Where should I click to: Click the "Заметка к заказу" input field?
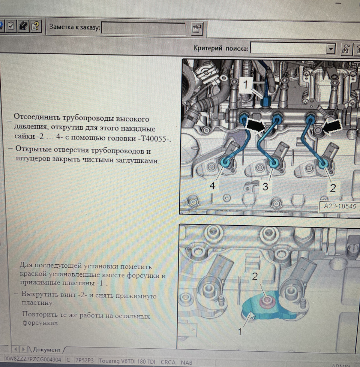143,29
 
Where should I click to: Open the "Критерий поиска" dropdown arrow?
330,49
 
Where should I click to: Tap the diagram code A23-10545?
340,206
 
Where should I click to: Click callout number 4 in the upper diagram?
212,186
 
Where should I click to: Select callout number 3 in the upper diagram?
265,187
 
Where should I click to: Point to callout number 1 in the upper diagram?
245,84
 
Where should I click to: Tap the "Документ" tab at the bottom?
46,350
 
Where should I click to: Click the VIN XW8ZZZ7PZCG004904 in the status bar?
33,360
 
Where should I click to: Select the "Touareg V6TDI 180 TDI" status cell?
127,361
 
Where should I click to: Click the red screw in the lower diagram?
266,301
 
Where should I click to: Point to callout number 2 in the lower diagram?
255,276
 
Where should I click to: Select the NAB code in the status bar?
186,363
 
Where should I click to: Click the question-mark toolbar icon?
36,26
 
